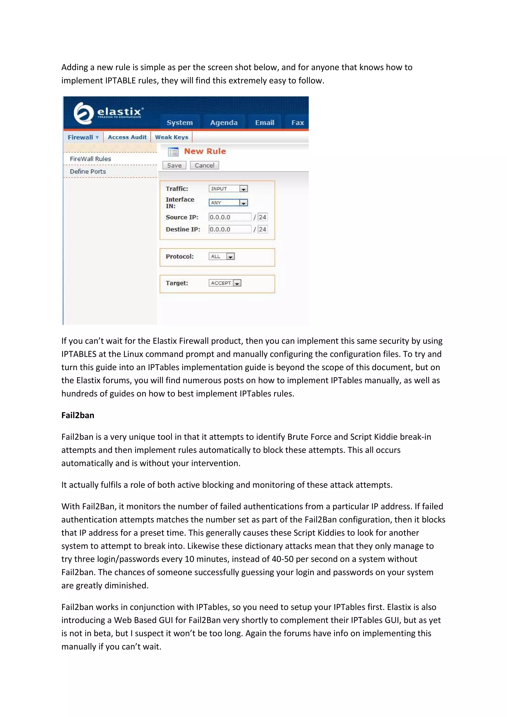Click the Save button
click(174, 165)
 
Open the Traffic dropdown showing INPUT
click(228, 189)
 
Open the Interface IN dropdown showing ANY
click(228, 203)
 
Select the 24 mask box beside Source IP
click(262, 217)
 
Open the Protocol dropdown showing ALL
click(222, 256)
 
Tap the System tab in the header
click(180, 122)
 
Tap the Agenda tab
click(224, 122)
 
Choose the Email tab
click(265, 122)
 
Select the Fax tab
click(297, 122)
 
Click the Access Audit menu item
click(127, 137)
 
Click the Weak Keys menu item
click(172, 137)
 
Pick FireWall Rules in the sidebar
click(90, 159)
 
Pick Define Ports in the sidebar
click(88, 171)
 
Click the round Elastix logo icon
click(83, 113)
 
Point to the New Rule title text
click(205, 151)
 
